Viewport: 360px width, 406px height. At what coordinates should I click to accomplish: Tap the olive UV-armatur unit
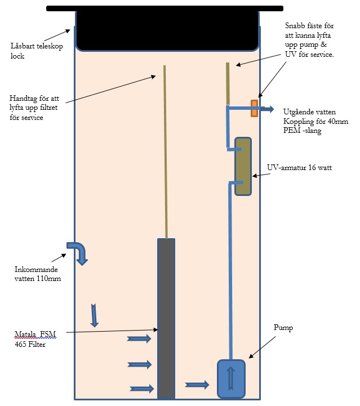point(243,166)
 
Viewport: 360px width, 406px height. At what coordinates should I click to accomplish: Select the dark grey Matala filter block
point(166,318)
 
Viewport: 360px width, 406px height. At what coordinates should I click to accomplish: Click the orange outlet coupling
point(254,108)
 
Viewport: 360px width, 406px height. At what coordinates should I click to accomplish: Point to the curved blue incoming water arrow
point(78,252)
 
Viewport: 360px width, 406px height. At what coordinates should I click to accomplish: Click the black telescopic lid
point(168,28)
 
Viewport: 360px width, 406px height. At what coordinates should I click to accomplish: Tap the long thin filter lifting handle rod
point(165,152)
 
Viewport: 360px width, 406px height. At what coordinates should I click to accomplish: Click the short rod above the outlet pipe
point(228,83)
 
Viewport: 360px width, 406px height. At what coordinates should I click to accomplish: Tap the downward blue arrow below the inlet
point(94,315)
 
